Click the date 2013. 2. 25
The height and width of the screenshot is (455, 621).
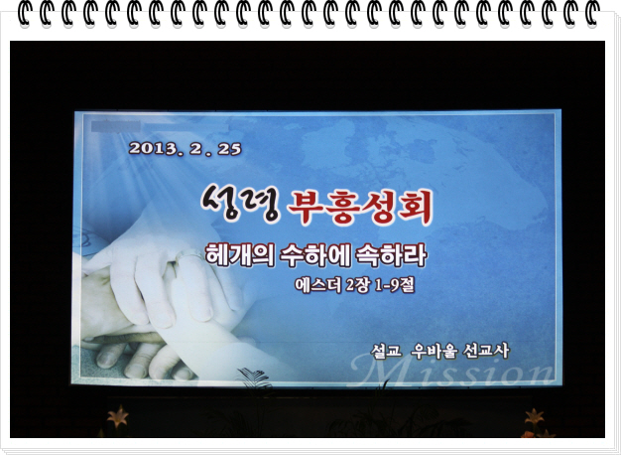185,149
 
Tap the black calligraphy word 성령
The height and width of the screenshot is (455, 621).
241,203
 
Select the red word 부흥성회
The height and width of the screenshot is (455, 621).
360,207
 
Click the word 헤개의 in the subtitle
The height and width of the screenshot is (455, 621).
240,254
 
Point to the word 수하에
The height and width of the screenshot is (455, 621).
314,255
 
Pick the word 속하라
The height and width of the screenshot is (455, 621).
391,255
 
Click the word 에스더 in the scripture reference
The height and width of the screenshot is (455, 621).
317,285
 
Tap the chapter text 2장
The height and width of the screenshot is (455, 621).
358,285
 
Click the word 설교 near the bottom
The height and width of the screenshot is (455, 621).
386,351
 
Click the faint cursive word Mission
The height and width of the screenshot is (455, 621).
451,372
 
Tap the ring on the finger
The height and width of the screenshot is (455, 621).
189,256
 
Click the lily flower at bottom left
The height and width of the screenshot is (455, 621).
118,416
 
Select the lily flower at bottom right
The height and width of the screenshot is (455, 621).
535,417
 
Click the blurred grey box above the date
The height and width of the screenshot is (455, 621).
116,126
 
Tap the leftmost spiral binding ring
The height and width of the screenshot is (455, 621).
25,13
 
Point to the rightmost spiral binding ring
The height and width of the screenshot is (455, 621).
591,13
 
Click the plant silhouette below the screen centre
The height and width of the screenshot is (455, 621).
254,379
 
